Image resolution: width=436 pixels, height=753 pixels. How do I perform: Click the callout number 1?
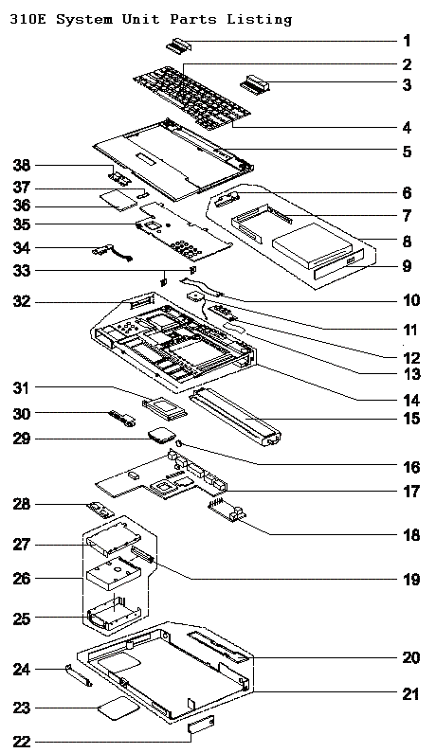[407, 41]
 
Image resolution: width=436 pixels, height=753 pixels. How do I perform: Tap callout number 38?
[22, 166]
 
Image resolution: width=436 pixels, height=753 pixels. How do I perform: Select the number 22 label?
[22, 742]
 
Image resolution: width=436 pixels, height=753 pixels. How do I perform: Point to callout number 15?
[411, 419]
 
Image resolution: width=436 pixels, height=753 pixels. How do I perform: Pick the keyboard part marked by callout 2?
[192, 96]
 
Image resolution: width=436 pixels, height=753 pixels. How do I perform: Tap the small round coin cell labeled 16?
[179, 443]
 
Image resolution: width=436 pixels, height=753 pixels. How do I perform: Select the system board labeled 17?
[163, 475]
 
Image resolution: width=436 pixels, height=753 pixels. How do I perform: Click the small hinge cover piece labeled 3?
[255, 85]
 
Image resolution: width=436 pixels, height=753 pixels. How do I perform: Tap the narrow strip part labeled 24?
[78, 675]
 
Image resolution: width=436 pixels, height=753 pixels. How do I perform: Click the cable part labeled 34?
[112, 252]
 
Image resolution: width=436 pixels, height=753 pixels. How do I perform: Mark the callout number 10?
[411, 300]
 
